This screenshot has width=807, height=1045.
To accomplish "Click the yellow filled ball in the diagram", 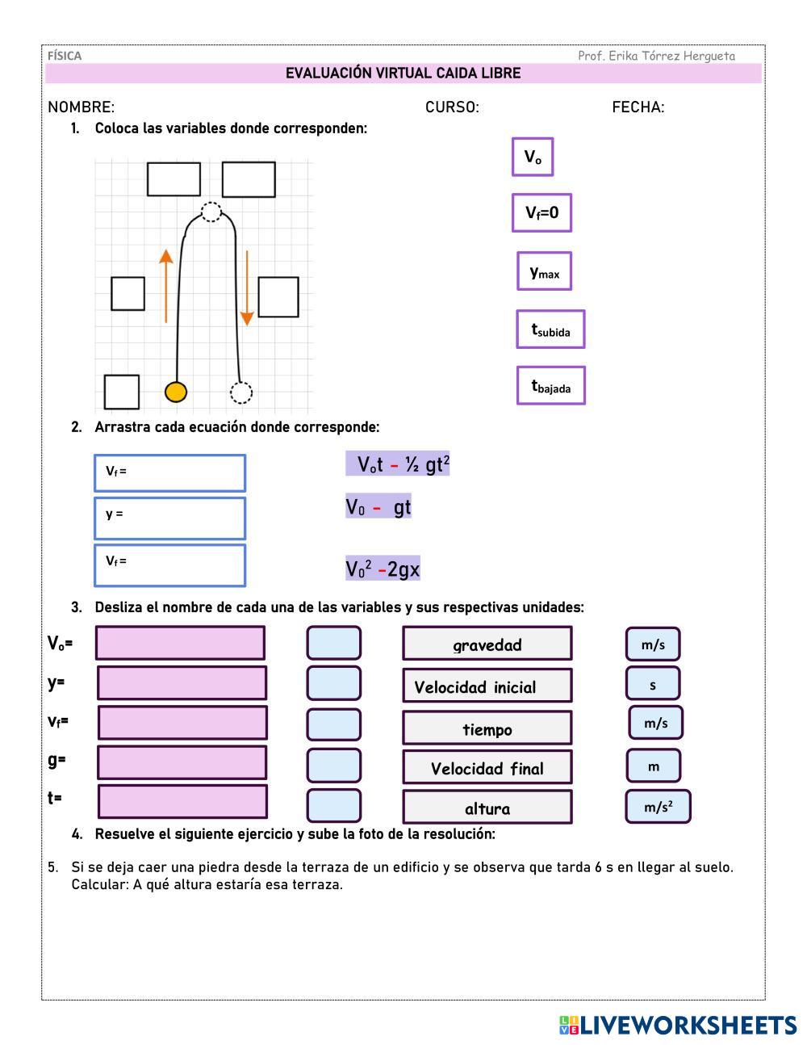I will pos(176,392).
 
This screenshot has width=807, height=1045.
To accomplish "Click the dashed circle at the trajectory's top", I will pos(211,212).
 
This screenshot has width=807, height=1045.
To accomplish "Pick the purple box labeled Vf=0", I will pos(541,212).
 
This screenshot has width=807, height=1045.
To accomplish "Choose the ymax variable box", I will pos(544,271).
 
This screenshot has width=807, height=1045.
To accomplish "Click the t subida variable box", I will pos(550,329).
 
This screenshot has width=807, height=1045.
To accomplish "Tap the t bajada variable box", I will pos(550,386).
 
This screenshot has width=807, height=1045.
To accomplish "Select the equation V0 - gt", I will pos(378,507).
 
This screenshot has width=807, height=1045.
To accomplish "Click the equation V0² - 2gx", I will pos(383,569).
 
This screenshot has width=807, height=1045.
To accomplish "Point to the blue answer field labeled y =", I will pos(169,518).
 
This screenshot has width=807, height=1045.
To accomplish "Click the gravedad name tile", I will pos(487,644).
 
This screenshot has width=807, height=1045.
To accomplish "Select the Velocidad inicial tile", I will pos(487,686).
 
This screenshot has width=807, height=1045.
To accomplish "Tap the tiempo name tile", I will pos(487,728).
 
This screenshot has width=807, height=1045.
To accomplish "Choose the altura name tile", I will pos(487,808).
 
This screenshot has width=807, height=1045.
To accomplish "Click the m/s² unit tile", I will pos(658,807).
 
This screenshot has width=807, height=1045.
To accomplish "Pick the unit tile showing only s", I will pos(653,684).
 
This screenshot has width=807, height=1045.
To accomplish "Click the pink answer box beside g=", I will pos(182,762).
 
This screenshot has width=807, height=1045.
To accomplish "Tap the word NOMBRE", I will pos(81,107).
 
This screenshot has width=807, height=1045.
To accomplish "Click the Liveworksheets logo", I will pos(678,1025).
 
